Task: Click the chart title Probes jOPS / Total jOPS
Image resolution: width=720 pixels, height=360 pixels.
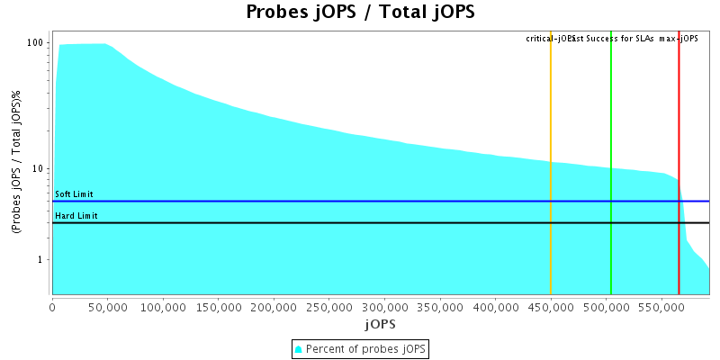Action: tap(360, 13)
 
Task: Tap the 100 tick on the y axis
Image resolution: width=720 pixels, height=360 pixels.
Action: tap(36, 42)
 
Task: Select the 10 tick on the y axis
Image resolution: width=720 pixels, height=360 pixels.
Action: tap(39, 168)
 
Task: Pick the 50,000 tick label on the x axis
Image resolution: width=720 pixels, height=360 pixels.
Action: tap(108, 308)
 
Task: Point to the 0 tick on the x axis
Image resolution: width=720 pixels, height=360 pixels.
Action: tap(52, 308)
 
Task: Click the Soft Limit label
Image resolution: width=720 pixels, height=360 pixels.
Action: tap(74, 194)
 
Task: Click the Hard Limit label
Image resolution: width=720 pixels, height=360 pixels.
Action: tap(76, 216)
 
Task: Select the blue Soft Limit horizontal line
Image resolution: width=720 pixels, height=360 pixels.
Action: tap(360, 202)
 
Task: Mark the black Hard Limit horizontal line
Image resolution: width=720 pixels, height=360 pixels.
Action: tap(360, 222)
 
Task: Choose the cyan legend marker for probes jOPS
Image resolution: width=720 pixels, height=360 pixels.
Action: tap(299, 348)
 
